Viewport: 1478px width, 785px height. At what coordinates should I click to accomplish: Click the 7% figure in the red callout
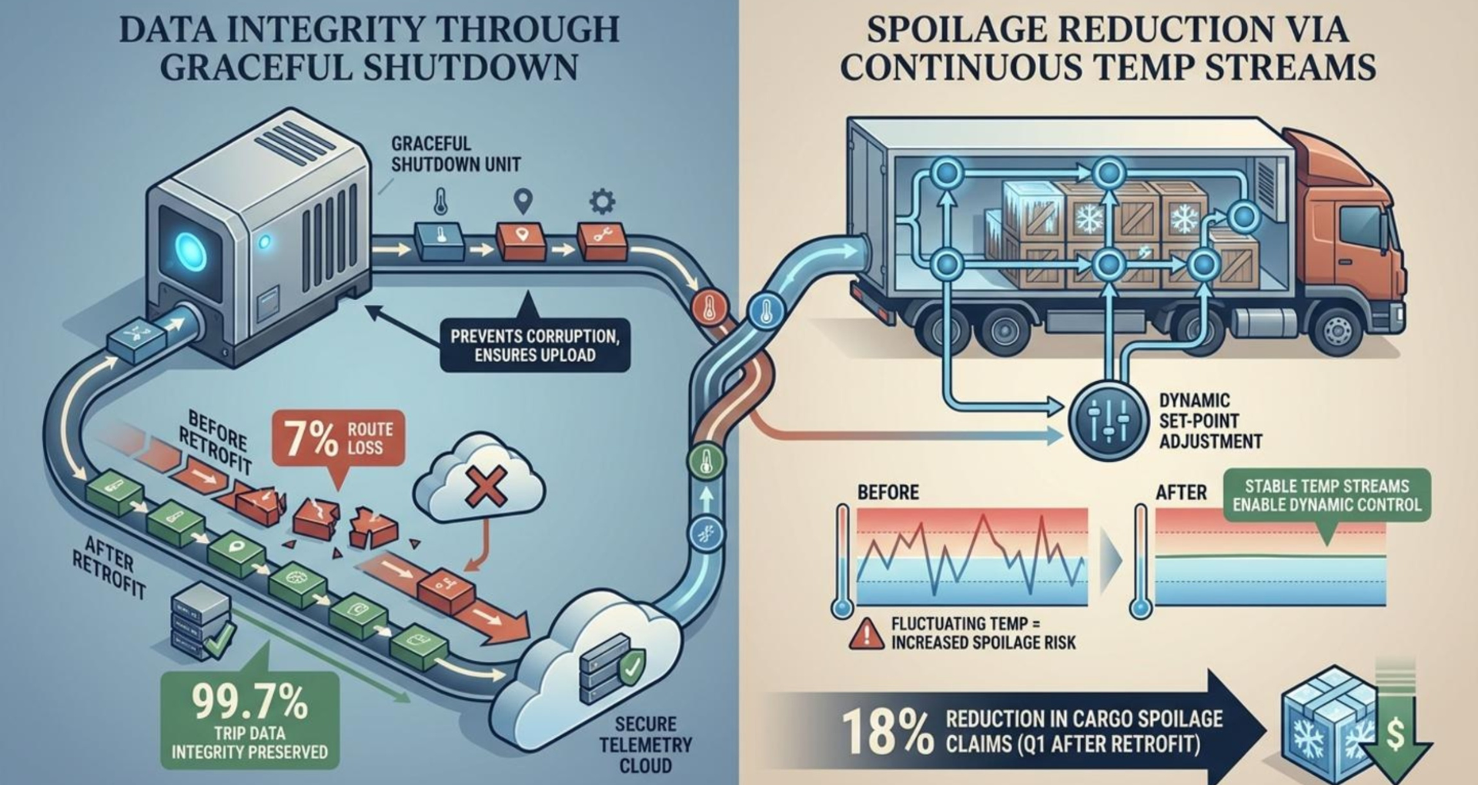(x=311, y=439)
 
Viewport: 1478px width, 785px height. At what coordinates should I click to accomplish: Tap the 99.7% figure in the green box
(x=249, y=701)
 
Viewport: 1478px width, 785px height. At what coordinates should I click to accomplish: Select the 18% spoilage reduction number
(x=886, y=731)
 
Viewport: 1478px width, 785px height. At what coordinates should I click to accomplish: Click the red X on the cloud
(x=485, y=486)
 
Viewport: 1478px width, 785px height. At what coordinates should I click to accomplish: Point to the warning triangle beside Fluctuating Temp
(x=867, y=633)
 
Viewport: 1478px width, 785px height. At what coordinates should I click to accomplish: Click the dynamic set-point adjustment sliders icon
(x=1108, y=420)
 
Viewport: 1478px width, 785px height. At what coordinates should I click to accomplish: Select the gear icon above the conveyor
(x=602, y=202)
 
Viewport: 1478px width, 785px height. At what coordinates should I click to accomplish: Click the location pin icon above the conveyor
(x=523, y=202)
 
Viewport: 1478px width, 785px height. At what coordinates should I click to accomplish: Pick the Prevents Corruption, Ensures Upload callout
(x=534, y=346)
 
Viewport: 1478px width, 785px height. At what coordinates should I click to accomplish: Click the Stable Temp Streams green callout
(x=1326, y=496)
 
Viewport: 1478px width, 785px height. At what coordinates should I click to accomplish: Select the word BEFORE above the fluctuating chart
(x=888, y=492)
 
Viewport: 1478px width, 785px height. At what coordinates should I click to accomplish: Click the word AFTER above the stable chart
(x=1181, y=492)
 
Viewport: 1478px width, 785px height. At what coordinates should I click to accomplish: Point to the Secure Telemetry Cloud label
(x=645, y=744)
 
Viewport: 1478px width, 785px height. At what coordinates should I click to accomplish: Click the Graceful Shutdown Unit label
(x=455, y=154)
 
